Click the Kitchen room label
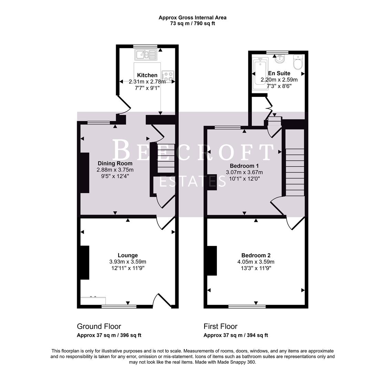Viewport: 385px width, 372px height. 147,75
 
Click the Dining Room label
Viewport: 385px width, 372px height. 115,163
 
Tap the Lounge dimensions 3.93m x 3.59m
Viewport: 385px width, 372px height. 128,262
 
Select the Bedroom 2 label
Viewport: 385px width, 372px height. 256,255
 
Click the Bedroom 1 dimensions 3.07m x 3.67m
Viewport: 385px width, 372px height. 244,172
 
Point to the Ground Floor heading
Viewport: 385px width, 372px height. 99,326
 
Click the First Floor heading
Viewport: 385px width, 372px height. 220,326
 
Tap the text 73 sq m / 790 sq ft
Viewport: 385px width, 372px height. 192,23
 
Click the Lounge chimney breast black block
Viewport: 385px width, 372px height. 85,262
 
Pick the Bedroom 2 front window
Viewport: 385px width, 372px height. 247,306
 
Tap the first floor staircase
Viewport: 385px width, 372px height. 295,172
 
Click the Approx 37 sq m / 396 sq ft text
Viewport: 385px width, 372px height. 109,335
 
